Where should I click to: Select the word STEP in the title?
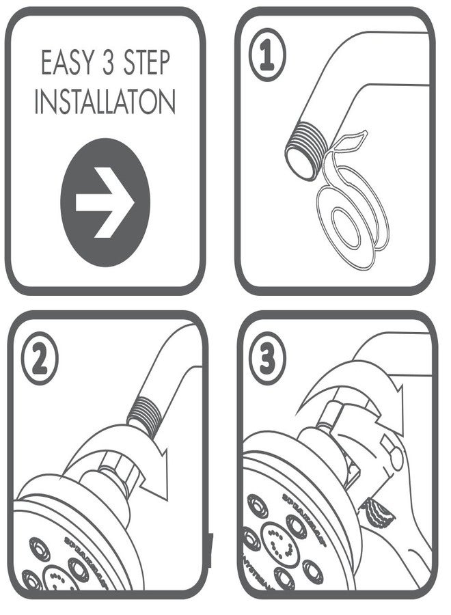(150, 64)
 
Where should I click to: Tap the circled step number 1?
(267, 57)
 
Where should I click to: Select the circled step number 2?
(40, 359)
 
